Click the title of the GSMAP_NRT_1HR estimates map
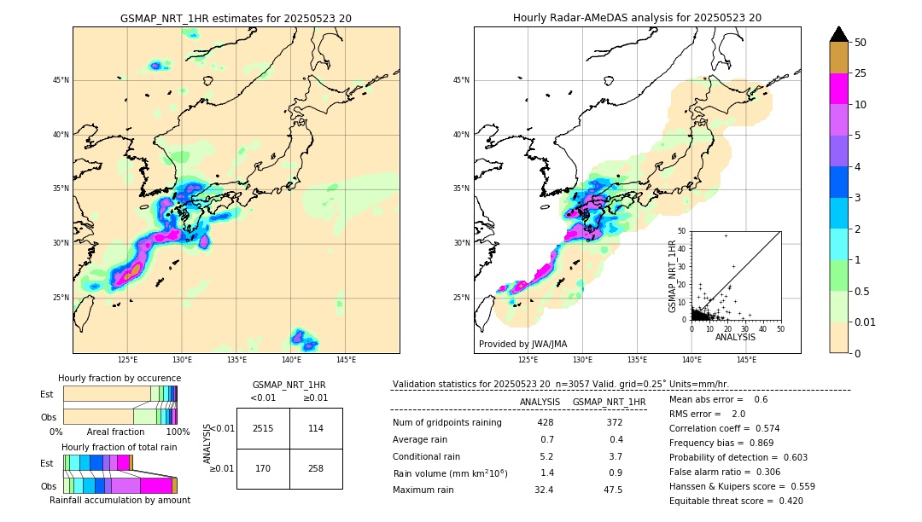coord(236,19)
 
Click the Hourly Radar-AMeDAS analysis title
coord(637,18)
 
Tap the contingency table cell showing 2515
coord(263,428)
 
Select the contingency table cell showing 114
coord(316,428)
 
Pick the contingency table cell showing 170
coord(263,468)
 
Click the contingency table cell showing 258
coord(316,468)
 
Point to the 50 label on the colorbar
coord(861,43)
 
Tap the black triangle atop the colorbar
coord(839,34)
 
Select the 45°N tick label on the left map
coord(61,80)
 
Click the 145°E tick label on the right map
coord(746,360)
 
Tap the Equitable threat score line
coord(736,501)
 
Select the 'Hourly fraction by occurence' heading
coord(120,378)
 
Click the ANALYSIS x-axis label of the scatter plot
coord(735,337)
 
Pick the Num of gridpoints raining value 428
coord(546,422)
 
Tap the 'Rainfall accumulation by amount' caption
coord(120,500)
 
